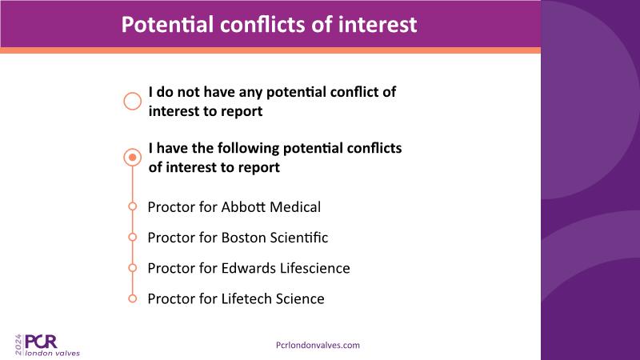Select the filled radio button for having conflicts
[132, 157]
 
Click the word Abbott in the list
[243, 207]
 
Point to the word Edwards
[249, 268]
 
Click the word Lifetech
[246, 298]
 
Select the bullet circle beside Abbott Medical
[132, 206]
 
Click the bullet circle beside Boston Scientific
[132, 237]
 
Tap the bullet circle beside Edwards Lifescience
[132, 268]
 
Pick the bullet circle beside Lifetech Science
[132, 298]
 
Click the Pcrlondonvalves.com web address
[318, 346]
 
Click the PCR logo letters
[41, 342]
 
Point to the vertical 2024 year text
[18, 345]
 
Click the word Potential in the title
[168, 25]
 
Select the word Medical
[295, 207]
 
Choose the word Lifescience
[314, 268]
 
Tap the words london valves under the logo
[53, 354]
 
